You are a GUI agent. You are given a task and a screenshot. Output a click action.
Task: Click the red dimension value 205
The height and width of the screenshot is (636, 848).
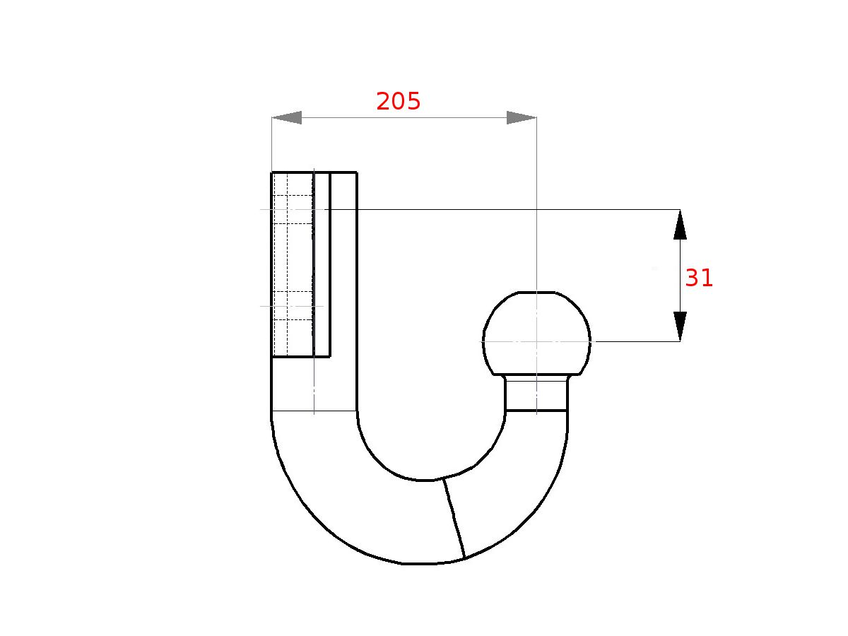coord(399,102)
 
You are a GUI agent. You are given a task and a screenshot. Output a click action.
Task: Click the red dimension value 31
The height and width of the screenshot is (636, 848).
coord(699,278)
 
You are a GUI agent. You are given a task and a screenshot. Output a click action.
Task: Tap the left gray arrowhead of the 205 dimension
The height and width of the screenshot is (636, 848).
coord(287,117)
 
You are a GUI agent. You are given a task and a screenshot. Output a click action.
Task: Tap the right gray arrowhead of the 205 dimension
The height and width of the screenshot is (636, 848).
coord(521,117)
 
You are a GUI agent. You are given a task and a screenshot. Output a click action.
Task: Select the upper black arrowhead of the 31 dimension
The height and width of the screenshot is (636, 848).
coord(680,224)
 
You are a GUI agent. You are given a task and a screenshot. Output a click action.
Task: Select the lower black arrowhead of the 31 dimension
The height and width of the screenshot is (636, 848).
coord(680,326)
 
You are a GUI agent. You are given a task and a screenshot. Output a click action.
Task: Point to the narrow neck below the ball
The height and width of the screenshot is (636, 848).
coord(536,394)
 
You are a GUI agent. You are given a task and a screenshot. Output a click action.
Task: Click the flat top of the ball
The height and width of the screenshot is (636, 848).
coord(536,292)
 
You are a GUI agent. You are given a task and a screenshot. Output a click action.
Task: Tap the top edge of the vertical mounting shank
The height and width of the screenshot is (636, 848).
coord(314,172)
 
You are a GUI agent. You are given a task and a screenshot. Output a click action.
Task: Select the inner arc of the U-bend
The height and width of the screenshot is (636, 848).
coord(424,480)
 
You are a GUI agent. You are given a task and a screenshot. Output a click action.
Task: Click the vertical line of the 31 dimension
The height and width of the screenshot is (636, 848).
coord(680,276)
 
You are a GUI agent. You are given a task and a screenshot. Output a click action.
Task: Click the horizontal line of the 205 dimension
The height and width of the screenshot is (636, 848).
coord(404,117)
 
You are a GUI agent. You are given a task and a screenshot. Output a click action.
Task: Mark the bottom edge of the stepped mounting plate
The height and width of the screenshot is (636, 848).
coord(301,357)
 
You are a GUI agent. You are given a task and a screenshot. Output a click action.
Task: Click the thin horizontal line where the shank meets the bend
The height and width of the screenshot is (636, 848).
coord(314,411)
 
